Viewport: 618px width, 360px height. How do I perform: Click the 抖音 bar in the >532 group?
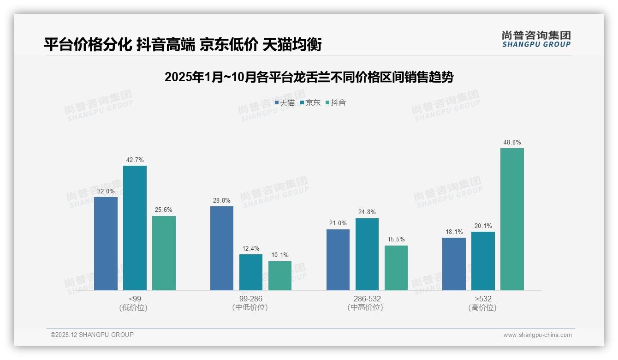(x=512, y=219)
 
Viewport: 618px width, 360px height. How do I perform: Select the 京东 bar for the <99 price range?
(x=135, y=228)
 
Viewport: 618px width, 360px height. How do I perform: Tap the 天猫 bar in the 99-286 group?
(x=222, y=248)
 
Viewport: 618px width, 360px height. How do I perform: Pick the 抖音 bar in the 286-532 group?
(x=396, y=268)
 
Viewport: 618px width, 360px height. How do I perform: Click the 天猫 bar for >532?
(x=454, y=264)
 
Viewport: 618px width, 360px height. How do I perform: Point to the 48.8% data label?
(x=512, y=143)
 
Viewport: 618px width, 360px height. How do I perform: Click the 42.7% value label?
(x=135, y=160)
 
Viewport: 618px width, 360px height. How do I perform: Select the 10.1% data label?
(x=280, y=255)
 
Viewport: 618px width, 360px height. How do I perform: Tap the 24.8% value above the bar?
(x=367, y=212)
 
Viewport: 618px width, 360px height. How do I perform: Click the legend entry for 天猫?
(x=285, y=103)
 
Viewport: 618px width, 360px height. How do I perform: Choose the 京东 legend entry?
(x=310, y=103)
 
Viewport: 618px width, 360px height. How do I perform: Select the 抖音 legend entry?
(x=336, y=103)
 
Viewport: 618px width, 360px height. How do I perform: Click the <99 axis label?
(x=135, y=299)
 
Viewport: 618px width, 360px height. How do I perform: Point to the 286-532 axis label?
(x=367, y=299)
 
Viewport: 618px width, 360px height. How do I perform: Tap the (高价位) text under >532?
(x=483, y=307)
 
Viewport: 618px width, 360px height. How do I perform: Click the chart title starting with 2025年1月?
(x=309, y=77)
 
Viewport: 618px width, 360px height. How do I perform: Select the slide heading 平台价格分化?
(x=182, y=45)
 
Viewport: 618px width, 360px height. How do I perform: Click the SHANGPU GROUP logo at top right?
(x=536, y=39)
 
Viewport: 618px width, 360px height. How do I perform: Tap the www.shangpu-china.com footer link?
(x=537, y=335)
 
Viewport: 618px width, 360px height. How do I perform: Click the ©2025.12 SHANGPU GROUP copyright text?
(x=92, y=335)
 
